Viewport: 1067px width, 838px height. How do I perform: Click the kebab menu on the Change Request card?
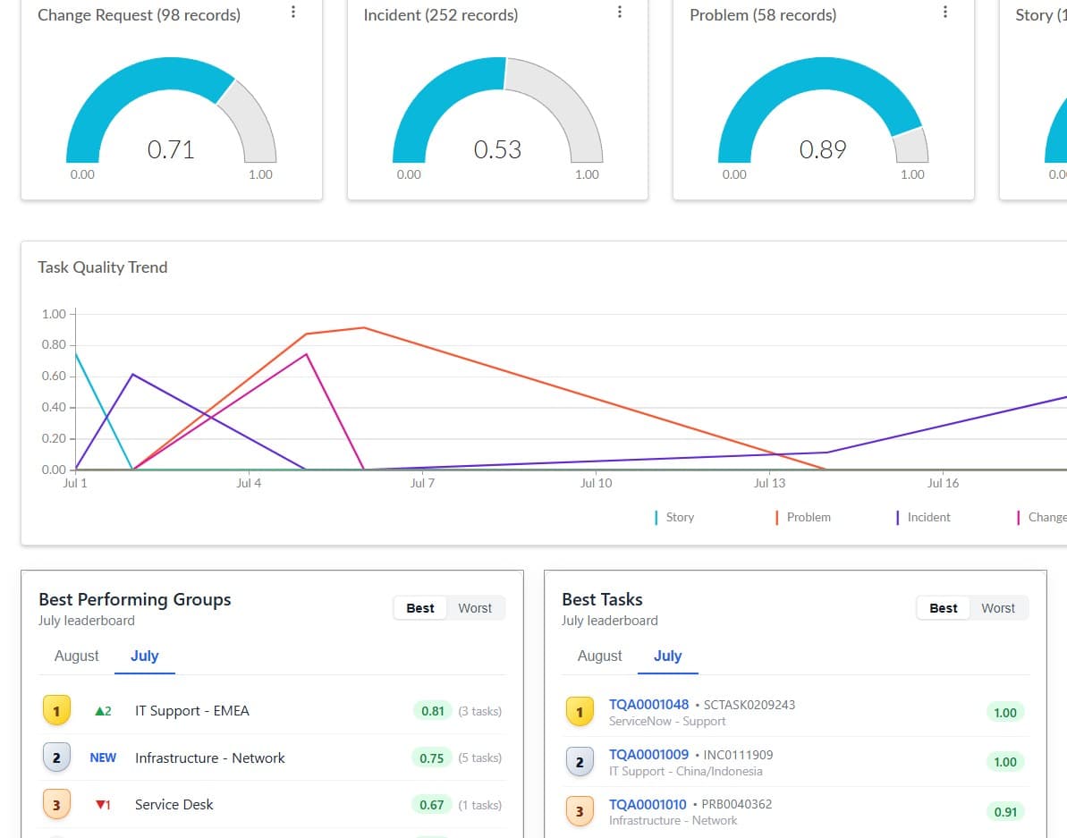(293, 13)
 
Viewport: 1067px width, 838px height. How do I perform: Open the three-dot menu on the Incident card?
(619, 13)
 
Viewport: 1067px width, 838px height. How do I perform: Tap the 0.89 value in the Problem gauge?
(823, 149)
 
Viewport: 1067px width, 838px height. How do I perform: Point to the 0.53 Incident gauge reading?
(497, 149)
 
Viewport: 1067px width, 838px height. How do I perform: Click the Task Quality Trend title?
(103, 267)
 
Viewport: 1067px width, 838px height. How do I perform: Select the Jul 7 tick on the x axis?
(422, 483)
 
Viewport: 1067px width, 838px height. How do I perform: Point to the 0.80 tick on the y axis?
(54, 345)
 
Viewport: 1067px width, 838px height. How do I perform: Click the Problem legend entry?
(803, 518)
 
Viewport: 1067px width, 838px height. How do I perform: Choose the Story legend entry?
(674, 518)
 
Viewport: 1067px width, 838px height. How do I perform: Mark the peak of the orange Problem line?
(364, 328)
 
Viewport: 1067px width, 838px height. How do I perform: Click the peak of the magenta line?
(307, 354)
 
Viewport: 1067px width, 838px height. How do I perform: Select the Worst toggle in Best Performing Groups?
(475, 608)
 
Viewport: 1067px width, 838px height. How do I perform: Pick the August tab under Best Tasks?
(599, 656)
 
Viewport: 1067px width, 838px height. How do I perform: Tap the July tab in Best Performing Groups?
(144, 656)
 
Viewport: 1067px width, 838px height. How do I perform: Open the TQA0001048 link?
(648, 705)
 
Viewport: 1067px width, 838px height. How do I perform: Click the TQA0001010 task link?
(648, 805)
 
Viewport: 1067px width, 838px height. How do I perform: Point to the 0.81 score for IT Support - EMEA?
(433, 712)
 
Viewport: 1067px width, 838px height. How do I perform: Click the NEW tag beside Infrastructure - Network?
(103, 758)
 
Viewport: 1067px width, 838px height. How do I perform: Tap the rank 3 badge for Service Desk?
(56, 805)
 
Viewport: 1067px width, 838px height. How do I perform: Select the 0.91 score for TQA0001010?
(1005, 812)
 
